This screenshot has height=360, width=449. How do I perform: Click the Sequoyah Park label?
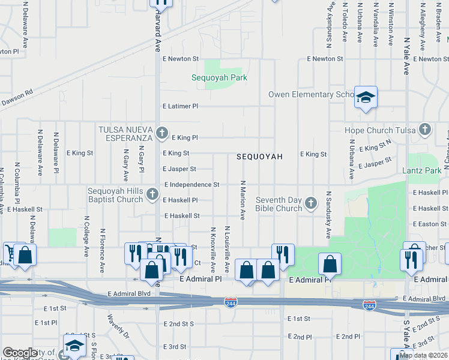(x=219, y=77)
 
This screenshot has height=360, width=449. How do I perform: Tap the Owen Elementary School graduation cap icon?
(x=365, y=97)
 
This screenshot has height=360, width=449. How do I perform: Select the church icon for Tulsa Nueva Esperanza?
(x=161, y=133)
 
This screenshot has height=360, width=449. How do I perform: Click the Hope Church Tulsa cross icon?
(x=425, y=129)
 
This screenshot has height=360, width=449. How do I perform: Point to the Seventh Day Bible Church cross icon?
(x=311, y=203)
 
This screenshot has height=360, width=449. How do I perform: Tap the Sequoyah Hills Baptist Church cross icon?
(x=152, y=194)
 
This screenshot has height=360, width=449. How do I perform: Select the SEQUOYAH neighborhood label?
(x=259, y=156)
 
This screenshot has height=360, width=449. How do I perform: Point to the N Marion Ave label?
(x=243, y=200)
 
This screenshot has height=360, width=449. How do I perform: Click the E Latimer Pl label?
(x=180, y=106)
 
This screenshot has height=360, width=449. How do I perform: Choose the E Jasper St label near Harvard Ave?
(x=179, y=169)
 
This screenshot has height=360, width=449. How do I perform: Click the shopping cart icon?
(x=11, y=253)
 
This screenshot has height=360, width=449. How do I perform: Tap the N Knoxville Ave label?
(x=212, y=248)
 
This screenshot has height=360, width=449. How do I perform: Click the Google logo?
(x=20, y=353)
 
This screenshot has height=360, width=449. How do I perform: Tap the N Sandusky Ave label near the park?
(x=329, y=215)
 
